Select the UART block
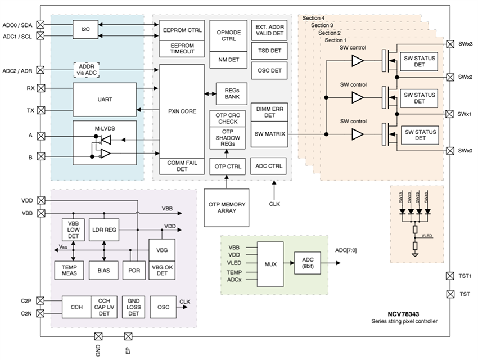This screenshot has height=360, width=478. [x=105, y=100]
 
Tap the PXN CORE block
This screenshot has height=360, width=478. [x=182, y=111]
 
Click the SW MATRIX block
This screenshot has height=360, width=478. [x=269, y=134]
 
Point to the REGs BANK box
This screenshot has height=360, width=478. [x=232, y=93]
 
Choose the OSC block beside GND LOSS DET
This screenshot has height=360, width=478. [x=164, y=307]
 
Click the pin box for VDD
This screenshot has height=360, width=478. [x=40, y=200]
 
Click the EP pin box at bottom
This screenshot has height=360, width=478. [x=128, y=336]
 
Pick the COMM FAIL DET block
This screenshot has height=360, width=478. [x=182, y=166]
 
